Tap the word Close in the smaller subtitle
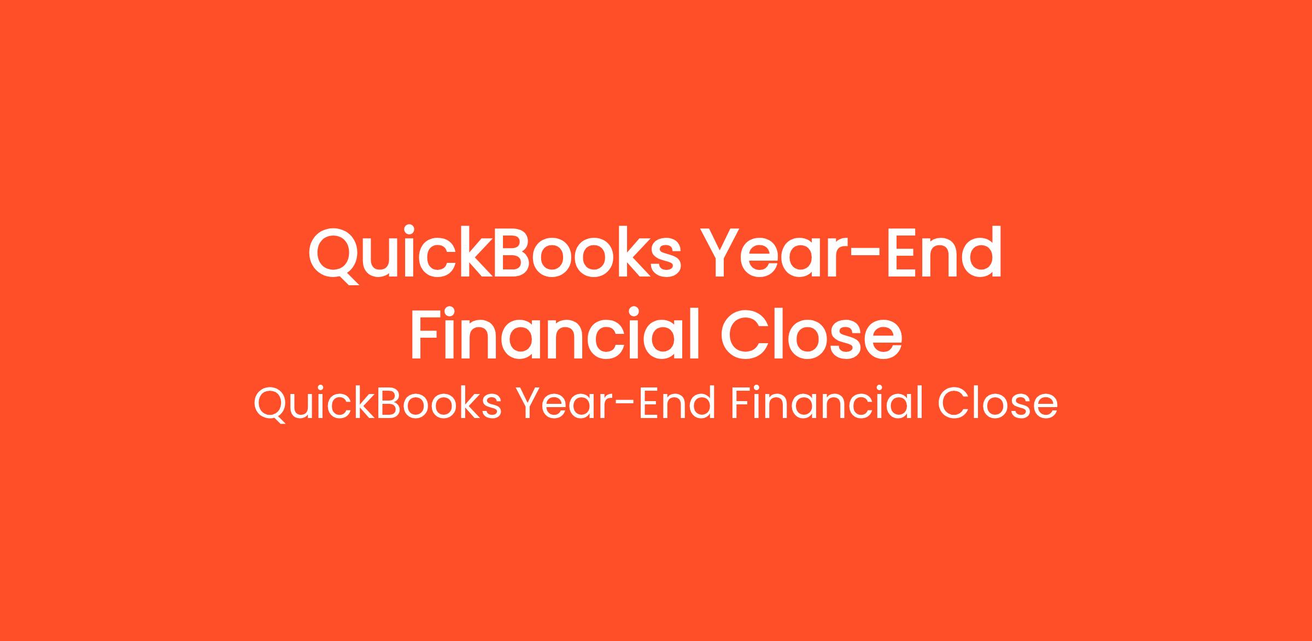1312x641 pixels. tap(998, 403)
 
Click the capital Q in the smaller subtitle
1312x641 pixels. tap(271, 405)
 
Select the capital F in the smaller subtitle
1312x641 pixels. tap(742, 403)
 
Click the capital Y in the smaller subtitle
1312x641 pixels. tap(531, 403)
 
